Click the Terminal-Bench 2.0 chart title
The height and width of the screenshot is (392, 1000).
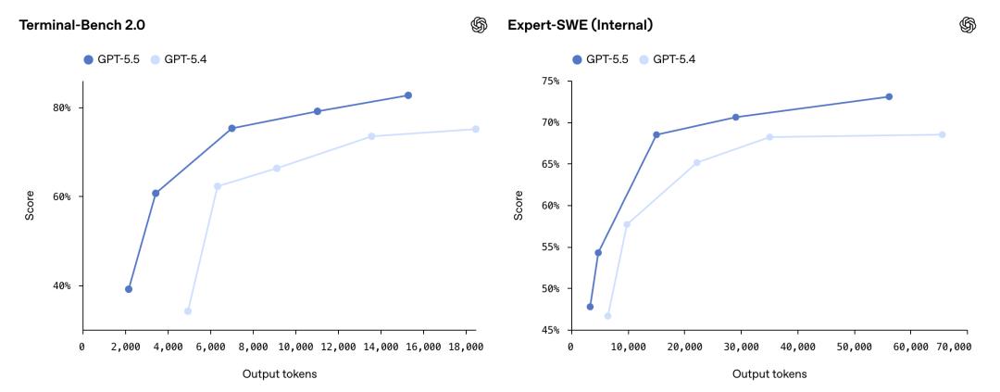coord(76,24)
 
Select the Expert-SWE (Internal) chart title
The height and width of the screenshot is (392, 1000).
coord(580,24)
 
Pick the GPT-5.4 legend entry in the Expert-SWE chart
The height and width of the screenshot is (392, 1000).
coord(667,59)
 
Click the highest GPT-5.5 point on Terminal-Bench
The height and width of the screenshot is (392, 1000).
coord(407,95)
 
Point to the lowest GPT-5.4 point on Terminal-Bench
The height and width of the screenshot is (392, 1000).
coord(188,311)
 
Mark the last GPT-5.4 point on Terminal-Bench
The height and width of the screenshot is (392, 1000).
coord(476,129)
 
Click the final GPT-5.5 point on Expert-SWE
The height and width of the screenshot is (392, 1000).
coord(889,96)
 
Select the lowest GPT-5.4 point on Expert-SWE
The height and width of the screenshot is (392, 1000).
coord(607,316)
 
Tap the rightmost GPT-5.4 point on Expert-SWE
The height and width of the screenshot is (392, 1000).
coord(942,134)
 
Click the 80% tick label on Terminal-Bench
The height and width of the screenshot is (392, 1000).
coord(62,107)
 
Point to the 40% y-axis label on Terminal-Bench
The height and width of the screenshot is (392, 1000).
coord(62,285)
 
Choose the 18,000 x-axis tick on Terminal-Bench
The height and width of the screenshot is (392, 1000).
coord(466,347)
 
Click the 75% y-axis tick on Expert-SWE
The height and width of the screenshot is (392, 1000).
coord(550,82)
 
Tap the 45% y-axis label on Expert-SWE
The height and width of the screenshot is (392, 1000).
coord(550,330)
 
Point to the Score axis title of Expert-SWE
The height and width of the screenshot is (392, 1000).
coord(518,205)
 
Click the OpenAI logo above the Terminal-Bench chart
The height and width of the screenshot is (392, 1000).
coord(479,25)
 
